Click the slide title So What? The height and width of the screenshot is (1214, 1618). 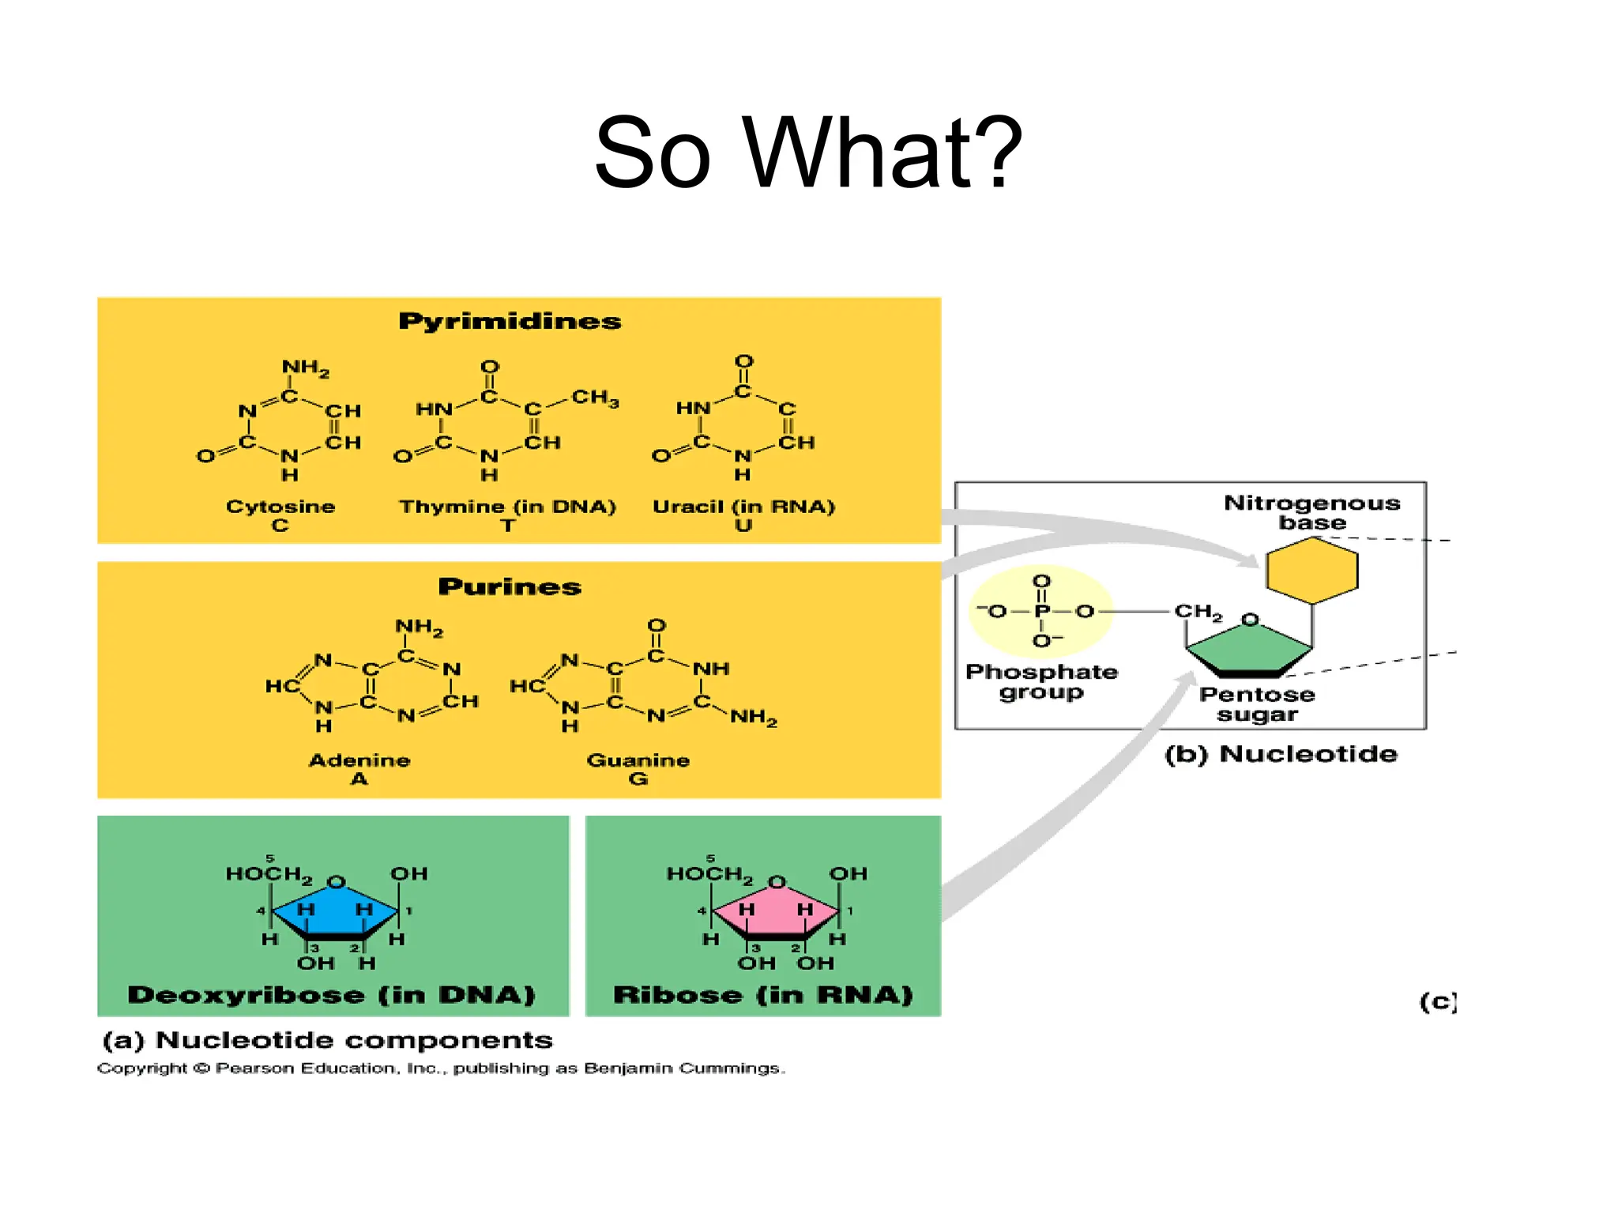[x=807, y=153]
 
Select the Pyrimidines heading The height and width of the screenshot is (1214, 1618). [x=510, y=321]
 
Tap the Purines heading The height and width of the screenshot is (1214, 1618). [x=510, y=586]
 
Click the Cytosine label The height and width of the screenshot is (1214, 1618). [x=280, y=507]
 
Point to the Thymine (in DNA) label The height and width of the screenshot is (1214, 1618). [x=507, y=507]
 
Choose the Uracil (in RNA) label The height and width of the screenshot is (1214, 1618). [x=743, y=507]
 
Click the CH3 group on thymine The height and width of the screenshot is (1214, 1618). [x=594, y=398]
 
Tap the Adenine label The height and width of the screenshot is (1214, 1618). [x=359, y=760]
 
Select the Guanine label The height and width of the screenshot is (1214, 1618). [x=638, y=760]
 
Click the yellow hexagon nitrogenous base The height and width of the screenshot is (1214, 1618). [x=1311, y=571]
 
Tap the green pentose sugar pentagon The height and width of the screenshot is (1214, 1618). [x=1248, y=652]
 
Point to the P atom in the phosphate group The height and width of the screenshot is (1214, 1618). [x=1042, y=611]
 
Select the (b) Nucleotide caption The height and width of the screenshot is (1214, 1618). [x=1281, y=754]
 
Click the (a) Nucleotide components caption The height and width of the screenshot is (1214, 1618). [x=328, y=1040]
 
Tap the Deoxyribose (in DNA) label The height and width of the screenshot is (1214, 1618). [x=332, y=994]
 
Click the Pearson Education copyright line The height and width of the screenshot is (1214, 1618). [x=441, y=1069]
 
